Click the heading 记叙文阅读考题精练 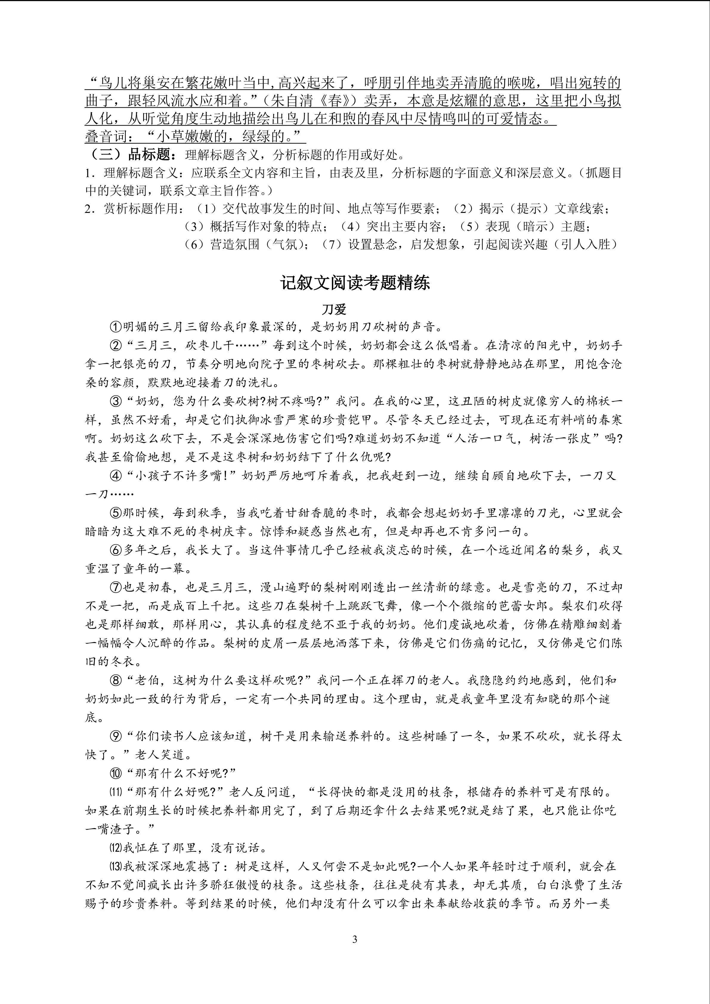[x=355, y=283]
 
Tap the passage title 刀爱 [x=334, y=309]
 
